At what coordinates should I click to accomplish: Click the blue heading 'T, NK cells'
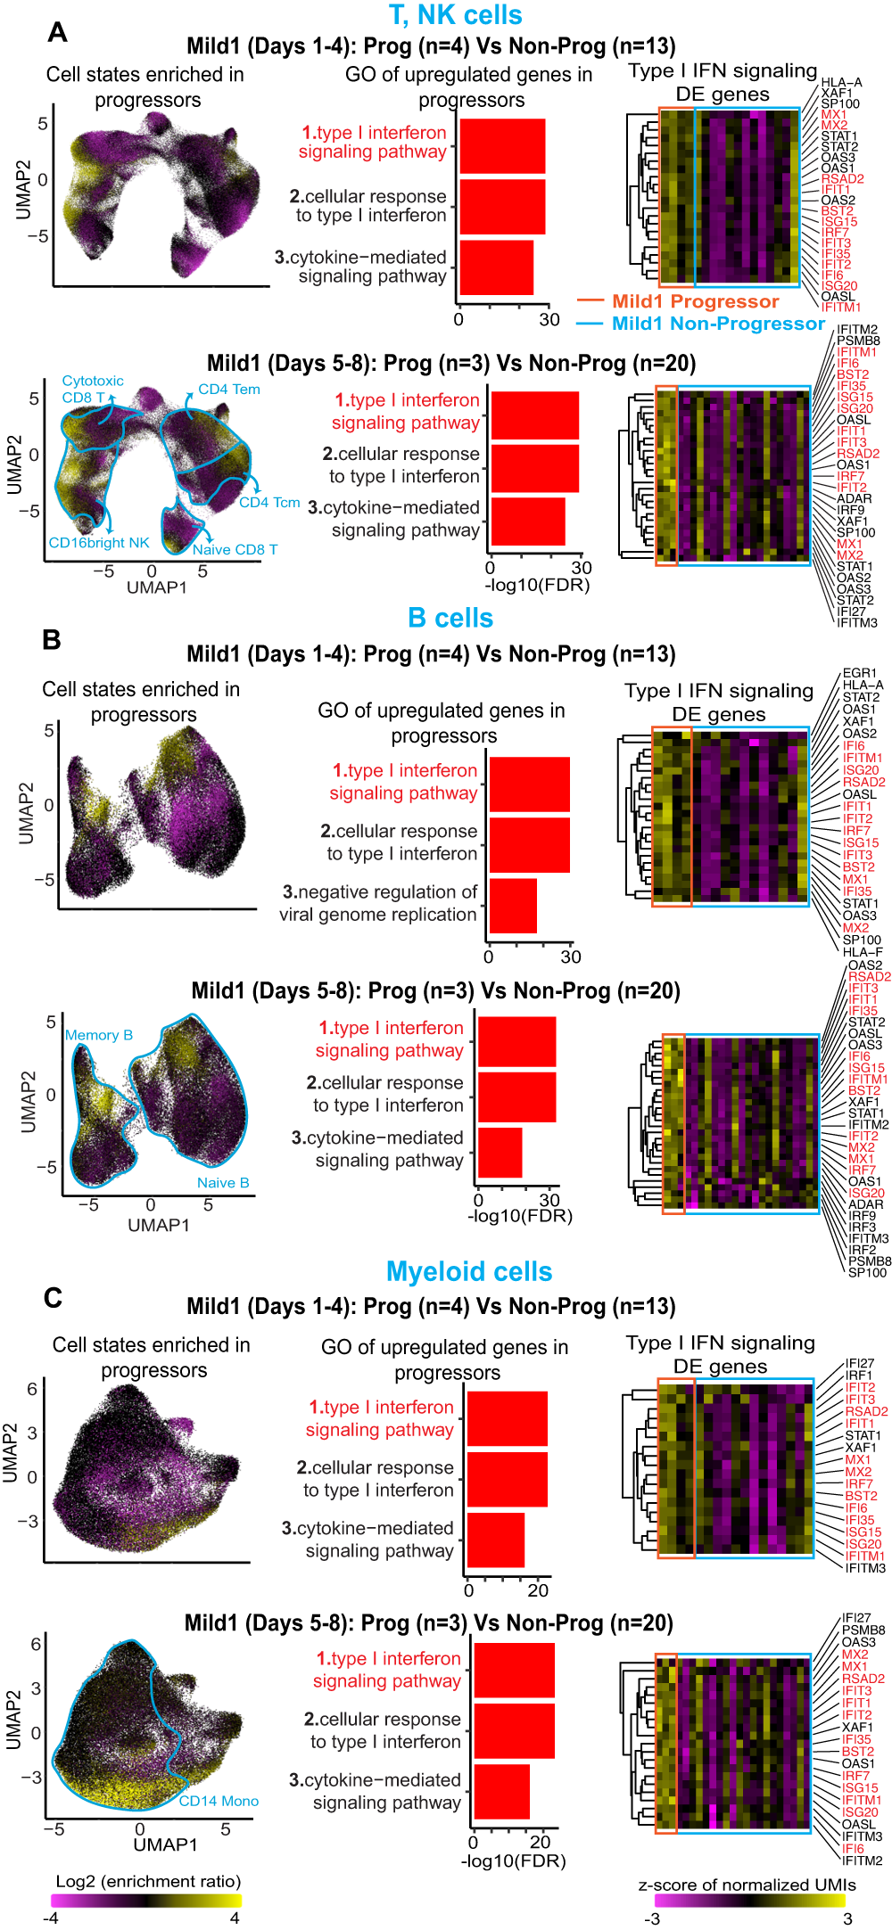click(455, 15)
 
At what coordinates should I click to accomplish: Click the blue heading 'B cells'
click(450, 618)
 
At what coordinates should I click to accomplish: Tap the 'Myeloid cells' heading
click(469, 1271)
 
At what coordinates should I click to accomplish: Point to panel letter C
click(53, 1298)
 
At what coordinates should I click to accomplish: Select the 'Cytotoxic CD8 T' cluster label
click(93, 389)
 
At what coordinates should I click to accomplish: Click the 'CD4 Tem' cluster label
click(229, 389)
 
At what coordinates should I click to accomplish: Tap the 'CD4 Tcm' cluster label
click(269, 503)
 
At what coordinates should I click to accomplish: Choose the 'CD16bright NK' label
click(99, 543)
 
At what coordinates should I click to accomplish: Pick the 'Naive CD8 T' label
click(235, 550)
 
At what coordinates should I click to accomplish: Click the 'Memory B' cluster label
click(99, 1035)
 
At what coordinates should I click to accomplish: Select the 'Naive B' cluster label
click(223, 1183)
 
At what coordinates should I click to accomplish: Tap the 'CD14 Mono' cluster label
click(219, 1801)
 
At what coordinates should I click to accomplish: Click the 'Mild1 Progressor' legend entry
click(695, 301)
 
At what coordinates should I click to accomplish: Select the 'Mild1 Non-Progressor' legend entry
click(718, 324)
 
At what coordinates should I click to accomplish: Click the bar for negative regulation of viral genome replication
click(513, 906)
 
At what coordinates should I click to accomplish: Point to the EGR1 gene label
click(860, 673)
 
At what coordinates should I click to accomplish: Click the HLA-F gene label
click(863, 952)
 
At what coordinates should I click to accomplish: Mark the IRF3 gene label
click(863, 1227)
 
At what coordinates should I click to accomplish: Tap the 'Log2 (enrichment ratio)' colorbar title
click(148, 1881)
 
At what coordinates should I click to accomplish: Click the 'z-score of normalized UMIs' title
click(747, 1885)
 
